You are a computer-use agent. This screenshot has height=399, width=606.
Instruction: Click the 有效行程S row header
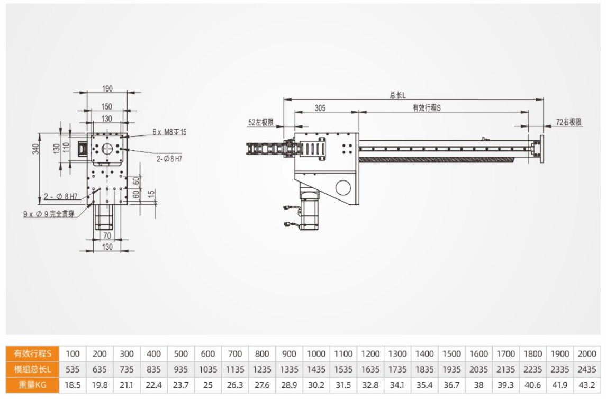(x=33, y=353)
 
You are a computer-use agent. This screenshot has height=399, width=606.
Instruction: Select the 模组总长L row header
(x=33, y=369)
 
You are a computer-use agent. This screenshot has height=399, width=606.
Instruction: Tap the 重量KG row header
(x=33, y=385)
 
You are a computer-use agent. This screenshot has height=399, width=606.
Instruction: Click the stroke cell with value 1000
(x=316, y=353)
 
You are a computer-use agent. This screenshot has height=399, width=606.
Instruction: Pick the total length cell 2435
(x=587, y=369)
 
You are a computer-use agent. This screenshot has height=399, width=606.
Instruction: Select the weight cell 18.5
(x=73, y=385)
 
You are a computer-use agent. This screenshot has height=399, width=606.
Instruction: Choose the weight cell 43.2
(x=587, y=385)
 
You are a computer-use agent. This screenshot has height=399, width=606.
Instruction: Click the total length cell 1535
(x=343, y=369)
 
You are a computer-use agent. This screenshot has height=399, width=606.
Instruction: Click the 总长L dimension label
(x=397, y=95)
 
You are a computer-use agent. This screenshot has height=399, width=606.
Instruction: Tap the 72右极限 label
(x=569, y=122)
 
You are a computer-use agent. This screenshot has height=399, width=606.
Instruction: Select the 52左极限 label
(x=260, y=122)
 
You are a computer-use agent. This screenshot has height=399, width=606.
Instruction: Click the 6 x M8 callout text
(x=169, y=132)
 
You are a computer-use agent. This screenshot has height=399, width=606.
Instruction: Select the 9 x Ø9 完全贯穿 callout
(x=49, y=215)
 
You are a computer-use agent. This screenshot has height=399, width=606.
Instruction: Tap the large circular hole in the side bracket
(x=343, y=187)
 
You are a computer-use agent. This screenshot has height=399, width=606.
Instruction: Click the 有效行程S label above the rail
(x=427, y=107)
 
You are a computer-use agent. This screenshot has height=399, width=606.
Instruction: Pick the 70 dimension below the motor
(x=107, y=235)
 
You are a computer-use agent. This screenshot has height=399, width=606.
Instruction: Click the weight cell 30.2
(x=316, y=385)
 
